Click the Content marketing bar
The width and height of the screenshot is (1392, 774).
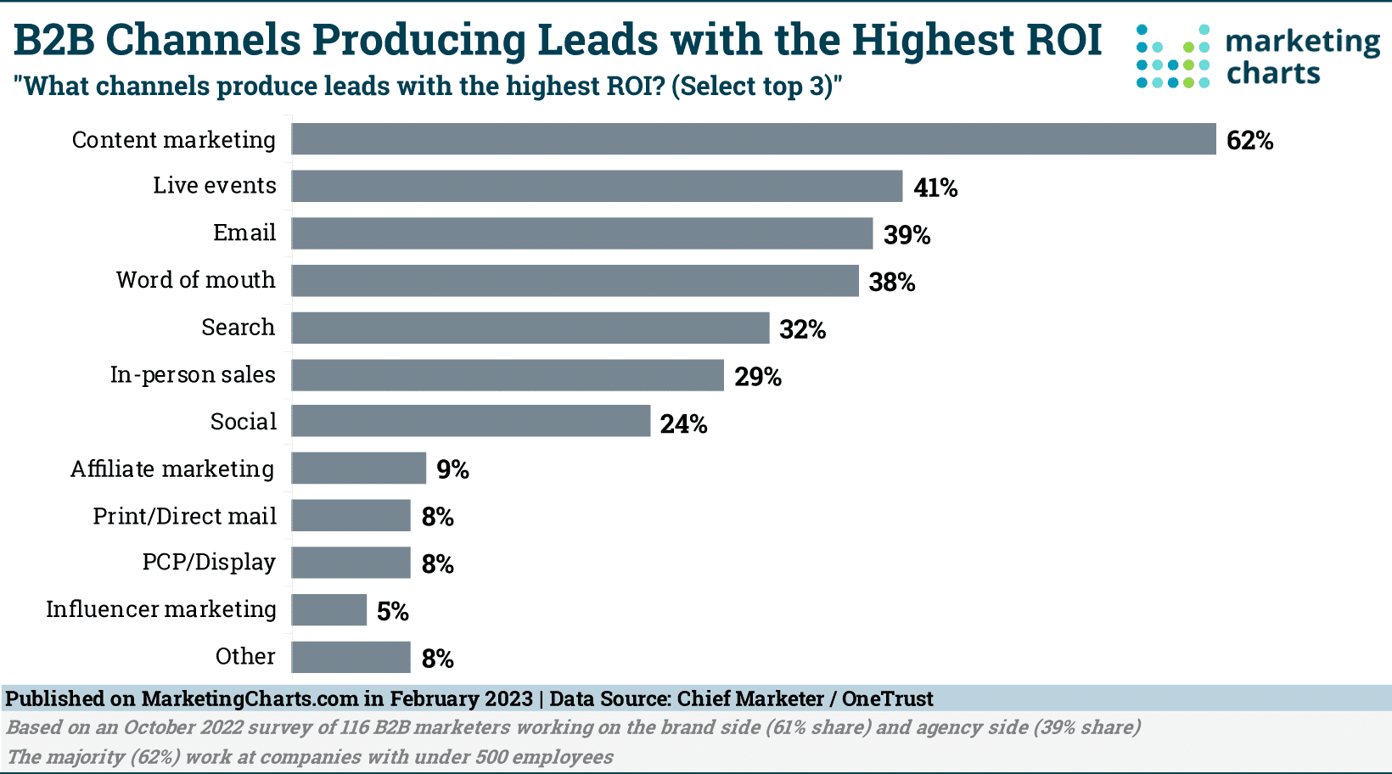[754, 139]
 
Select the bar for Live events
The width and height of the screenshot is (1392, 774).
[597, 186]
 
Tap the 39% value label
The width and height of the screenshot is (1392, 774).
[906, 235]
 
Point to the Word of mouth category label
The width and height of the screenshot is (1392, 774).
[195, 280]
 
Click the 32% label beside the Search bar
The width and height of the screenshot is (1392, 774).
[802, 329]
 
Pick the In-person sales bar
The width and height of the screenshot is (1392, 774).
[508, 375]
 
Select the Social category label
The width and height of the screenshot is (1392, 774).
[243, 422]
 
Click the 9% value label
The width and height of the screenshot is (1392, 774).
[452, 469]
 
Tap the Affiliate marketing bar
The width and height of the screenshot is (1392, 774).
[358, 468]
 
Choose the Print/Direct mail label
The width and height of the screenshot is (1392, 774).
[184, 516]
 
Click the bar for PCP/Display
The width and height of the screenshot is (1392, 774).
[351, 563]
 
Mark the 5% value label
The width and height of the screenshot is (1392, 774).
[392, 611]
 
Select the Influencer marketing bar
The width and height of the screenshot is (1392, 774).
[328, 609]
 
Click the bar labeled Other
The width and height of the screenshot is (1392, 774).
[351, 657]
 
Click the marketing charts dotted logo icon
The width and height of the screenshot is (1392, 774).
[1172, 56]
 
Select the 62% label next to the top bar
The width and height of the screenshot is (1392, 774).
[1249, 141]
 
